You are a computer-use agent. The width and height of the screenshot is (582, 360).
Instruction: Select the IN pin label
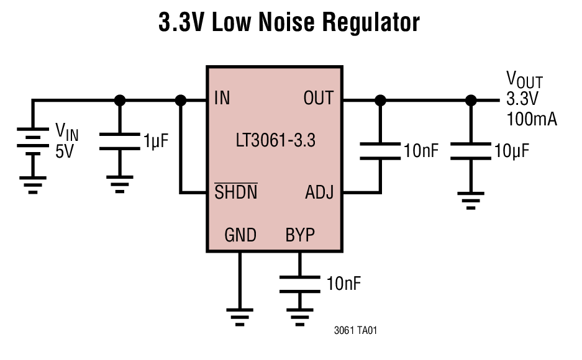click(x=222, y=98)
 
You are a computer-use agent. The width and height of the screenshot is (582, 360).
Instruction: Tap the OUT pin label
click(x=318, y=98)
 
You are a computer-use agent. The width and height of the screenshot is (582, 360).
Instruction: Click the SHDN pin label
click(x=235, y=192)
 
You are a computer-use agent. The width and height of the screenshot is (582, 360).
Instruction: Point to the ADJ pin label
click(x=319, y=192)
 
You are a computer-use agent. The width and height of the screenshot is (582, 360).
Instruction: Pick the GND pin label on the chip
click(x=240, y=235)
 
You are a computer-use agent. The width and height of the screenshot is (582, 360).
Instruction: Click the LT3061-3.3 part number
click(x=275, y=141)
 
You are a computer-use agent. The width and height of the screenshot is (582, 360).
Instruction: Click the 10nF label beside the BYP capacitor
click(x=343, y=284)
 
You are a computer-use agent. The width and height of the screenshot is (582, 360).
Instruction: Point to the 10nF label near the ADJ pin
click(x=422, y=151)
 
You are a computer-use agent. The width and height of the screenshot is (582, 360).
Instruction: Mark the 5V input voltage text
click(x=64, y=151)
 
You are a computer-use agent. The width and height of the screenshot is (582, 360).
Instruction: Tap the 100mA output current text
click(x=531, y=119)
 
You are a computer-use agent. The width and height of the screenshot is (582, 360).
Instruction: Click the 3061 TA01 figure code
click(x=355, y=331)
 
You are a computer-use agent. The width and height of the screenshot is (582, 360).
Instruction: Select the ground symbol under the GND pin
click(x=240, y=315)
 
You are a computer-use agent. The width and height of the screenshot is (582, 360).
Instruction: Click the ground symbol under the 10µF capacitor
click(x=471, y=200)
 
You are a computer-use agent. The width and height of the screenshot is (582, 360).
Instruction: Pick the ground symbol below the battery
click(x=32, y=184)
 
